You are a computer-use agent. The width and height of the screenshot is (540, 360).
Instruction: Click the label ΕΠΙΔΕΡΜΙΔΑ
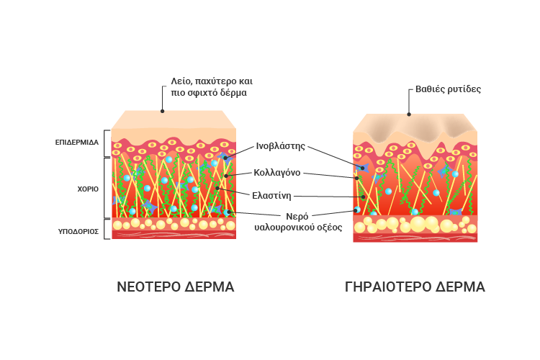[x=77, y=143]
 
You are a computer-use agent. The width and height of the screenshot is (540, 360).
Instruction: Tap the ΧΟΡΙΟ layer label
[x=88, y=189]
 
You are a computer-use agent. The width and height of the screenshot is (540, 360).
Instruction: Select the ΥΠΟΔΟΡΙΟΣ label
[x=78, y=232]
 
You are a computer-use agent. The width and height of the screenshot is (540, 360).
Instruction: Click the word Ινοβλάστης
[x=280, y=146]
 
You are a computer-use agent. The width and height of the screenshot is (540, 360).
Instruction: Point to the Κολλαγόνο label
[x=277, y=173]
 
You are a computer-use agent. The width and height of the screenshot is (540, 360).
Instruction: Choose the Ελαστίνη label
[x=271, y=196]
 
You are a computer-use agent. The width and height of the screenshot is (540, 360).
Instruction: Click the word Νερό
[x=297, y=217]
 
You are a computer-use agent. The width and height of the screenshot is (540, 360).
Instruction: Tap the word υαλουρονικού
[x=285, y=228]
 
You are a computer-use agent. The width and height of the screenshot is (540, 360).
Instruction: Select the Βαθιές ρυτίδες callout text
[x=448, y=89]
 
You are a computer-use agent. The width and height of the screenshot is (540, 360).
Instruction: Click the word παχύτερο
[x=212, y=81]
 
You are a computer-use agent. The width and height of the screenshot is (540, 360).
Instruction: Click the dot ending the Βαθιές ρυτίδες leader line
[x=409, y=114]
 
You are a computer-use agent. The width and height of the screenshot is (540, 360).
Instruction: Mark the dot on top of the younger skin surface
[x=162, y=112]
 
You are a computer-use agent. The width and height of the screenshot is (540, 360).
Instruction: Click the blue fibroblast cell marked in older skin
[x=363, y=168]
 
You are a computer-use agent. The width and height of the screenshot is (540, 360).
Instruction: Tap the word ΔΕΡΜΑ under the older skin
[x=461, y=287]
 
